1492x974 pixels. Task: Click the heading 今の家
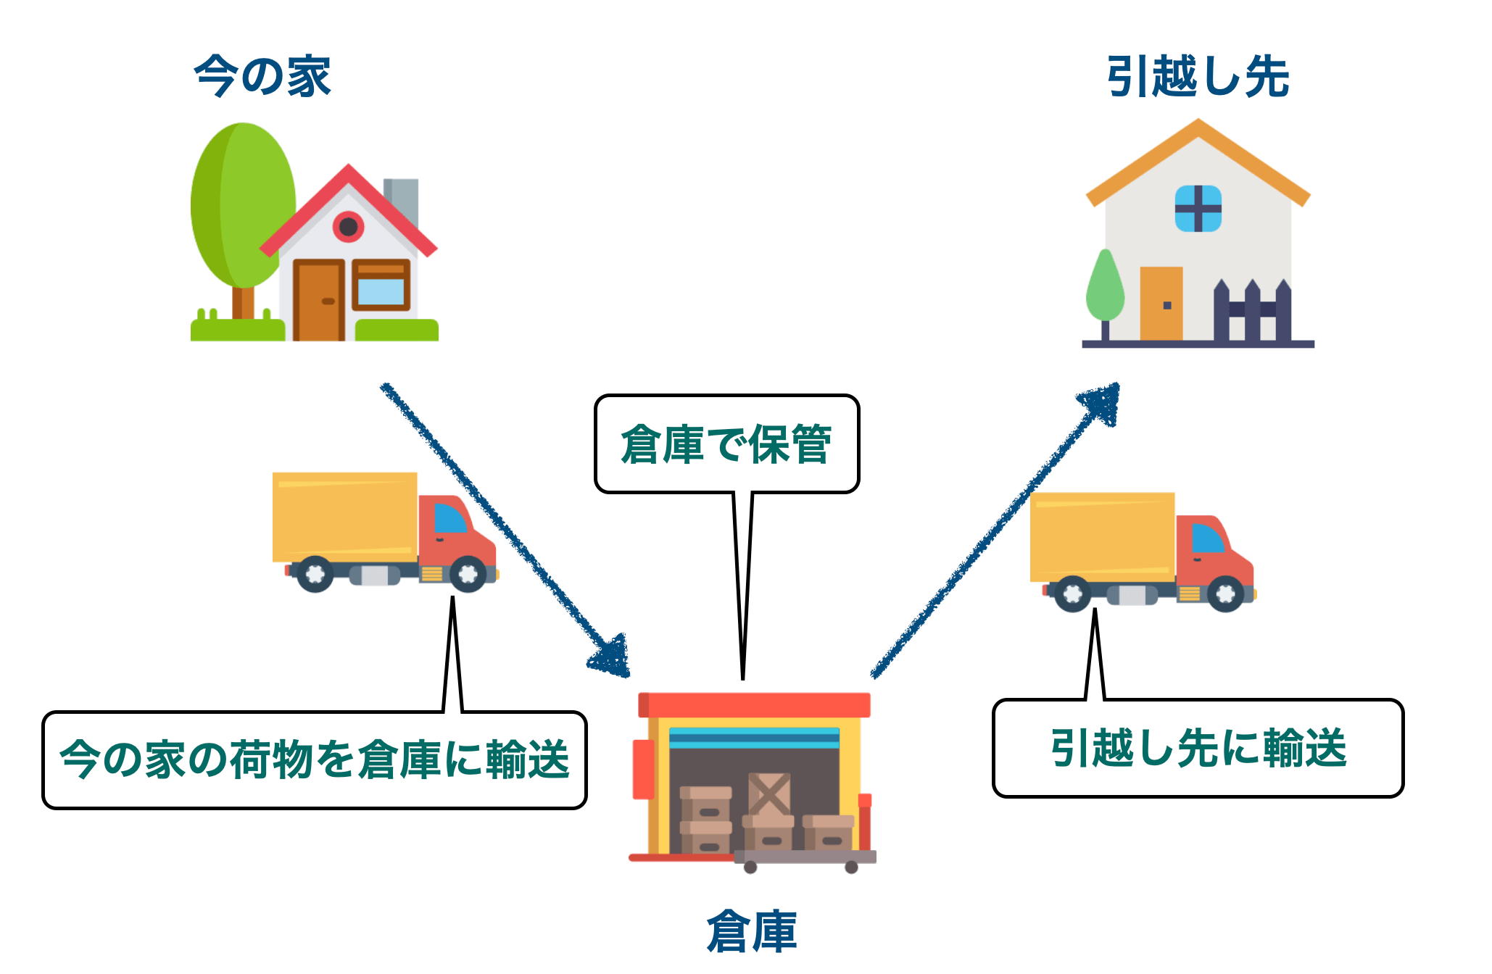262,76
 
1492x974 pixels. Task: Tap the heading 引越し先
1198,76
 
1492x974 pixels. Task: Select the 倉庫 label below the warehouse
752,931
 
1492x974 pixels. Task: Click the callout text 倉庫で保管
726,444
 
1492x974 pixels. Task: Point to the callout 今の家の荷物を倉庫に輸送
314,759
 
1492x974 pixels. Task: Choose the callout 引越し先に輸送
1198,748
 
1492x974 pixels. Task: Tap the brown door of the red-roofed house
318,301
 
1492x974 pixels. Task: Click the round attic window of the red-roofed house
349,227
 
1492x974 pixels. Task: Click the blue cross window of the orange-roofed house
1198,209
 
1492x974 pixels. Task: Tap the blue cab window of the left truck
449,519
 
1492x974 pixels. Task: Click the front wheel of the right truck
1225,594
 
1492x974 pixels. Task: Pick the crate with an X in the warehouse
769,794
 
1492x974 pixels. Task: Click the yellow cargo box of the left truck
344,517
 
